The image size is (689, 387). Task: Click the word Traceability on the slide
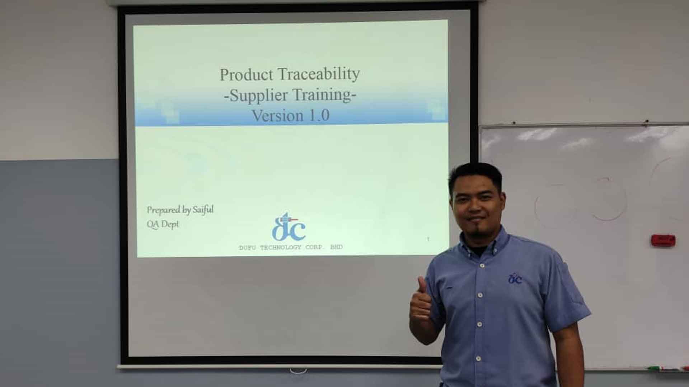[x=319, y=75]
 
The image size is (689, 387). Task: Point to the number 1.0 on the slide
[x=317, y=116]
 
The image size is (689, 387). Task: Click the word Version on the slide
[x=277, y=116]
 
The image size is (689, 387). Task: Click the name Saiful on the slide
[x=203, y=210]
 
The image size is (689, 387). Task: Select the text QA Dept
[x=163, y=224]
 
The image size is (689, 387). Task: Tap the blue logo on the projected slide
[x=289, y=226]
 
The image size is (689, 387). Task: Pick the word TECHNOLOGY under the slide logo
[x=281, y=248]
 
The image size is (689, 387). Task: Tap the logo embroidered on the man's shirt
[x=515, y=278]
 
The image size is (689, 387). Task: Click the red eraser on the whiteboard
[x=663, y=240]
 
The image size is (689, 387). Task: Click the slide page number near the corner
[x=428, y=239]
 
